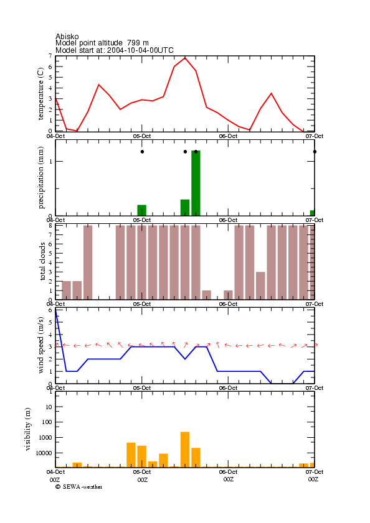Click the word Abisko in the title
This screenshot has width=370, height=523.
tap(67, 36)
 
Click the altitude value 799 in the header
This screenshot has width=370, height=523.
tap(133, 43)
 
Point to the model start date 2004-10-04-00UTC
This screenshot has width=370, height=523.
tap(140, 50)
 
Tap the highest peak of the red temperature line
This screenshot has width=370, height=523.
tap(185, 58)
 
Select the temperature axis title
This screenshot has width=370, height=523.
tap(40, 94)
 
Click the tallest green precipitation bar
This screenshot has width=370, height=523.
tap(196, 183)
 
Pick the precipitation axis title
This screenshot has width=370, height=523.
tap(40, 178)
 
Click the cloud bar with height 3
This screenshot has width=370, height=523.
tap(261, 286)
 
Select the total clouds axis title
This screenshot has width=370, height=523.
tap(42, 261)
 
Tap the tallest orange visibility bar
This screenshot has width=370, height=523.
tap(185, 450)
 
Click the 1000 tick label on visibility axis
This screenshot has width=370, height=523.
tap(45, 438)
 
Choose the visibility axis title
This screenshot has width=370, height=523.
tap(28, 429)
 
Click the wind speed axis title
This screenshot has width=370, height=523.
tap(40, 345)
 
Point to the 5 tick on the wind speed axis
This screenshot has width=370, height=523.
tap(50, 323)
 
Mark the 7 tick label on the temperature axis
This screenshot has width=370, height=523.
tap(50, 56)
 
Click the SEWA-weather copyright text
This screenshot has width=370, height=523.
tap(79, 487)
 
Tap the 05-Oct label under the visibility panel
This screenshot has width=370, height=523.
tap(142, 472)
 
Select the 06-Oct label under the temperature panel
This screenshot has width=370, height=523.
tap(228, 136)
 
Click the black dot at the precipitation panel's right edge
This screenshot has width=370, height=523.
tap(315, 152)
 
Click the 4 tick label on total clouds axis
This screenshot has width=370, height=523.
tap(50, 263)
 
